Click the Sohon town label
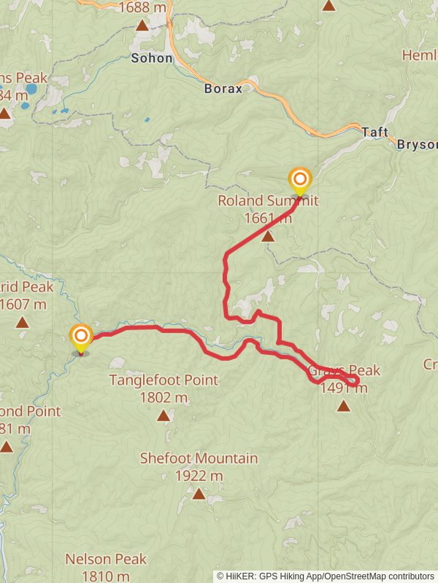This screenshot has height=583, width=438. pos(152,58)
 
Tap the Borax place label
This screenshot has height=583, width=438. pos(223,88)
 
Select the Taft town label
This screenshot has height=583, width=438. pos(374,133)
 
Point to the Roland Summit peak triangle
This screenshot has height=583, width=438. pos(268,236)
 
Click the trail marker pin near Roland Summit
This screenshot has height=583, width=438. pos(299,180)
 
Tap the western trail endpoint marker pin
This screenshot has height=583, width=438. pos(80,337)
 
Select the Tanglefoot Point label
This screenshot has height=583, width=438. pos(164,380)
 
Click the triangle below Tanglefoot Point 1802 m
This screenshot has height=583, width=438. pos(164,416)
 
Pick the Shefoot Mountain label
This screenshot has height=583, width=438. pos(199,458)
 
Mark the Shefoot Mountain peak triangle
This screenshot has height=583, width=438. pos(199,494)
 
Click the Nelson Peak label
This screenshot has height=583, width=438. pos(106,560)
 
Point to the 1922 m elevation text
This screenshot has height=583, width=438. pos(199,476)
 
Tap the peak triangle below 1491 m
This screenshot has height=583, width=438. pos(344,406)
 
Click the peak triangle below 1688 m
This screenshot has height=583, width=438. pos(142,26)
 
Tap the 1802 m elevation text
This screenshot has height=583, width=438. pos(164,398)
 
